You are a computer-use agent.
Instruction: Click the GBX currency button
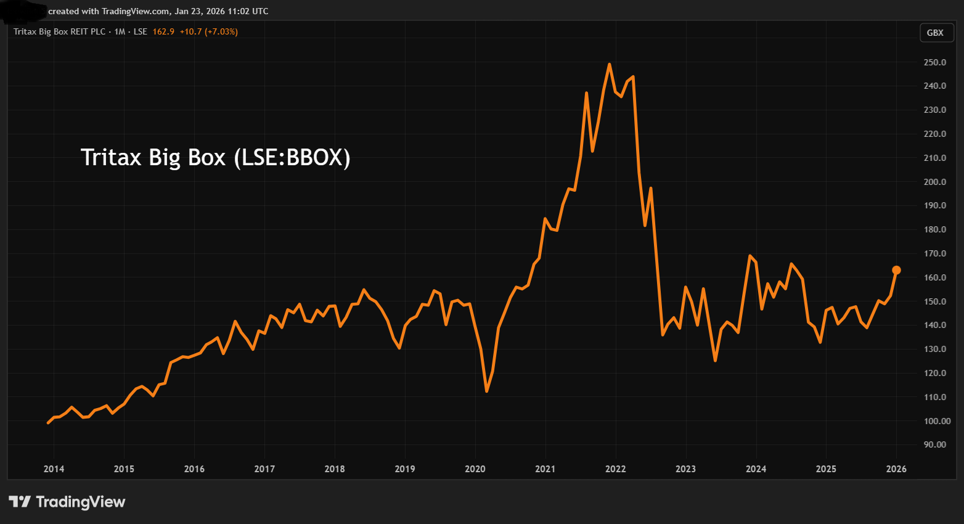click(x=935, y=33)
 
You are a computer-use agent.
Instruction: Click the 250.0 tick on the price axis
click(x=934, y=62)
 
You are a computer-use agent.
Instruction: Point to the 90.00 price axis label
click(x=934, y=444)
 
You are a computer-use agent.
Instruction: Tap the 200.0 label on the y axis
click(x=934, y=182)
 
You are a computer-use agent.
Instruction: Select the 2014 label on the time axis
click(x=54, y=469)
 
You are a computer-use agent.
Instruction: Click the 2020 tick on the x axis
click(x=475, y=469)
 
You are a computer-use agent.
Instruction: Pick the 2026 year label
click(x=896, y=469)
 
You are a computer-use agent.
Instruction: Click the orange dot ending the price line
click(x=896, y=270)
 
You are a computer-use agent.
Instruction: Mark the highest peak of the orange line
click(x=609, y=64)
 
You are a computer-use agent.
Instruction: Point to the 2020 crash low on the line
click(x=486, y=391)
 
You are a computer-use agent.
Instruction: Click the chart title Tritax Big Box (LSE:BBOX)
click(x=215, y=157)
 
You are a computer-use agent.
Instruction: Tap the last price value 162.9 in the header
click(x=163, y=31)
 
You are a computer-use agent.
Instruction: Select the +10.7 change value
click(x=190, y=31)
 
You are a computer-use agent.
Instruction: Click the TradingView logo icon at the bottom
click(x=20, y=502)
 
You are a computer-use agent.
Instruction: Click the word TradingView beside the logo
click(x=81, y=502)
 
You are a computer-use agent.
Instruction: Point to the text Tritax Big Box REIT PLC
click(x=60, y=31)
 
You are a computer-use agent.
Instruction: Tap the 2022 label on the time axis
click(x=615, y=469)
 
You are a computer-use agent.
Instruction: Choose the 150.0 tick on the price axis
click(x=934, y=301)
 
